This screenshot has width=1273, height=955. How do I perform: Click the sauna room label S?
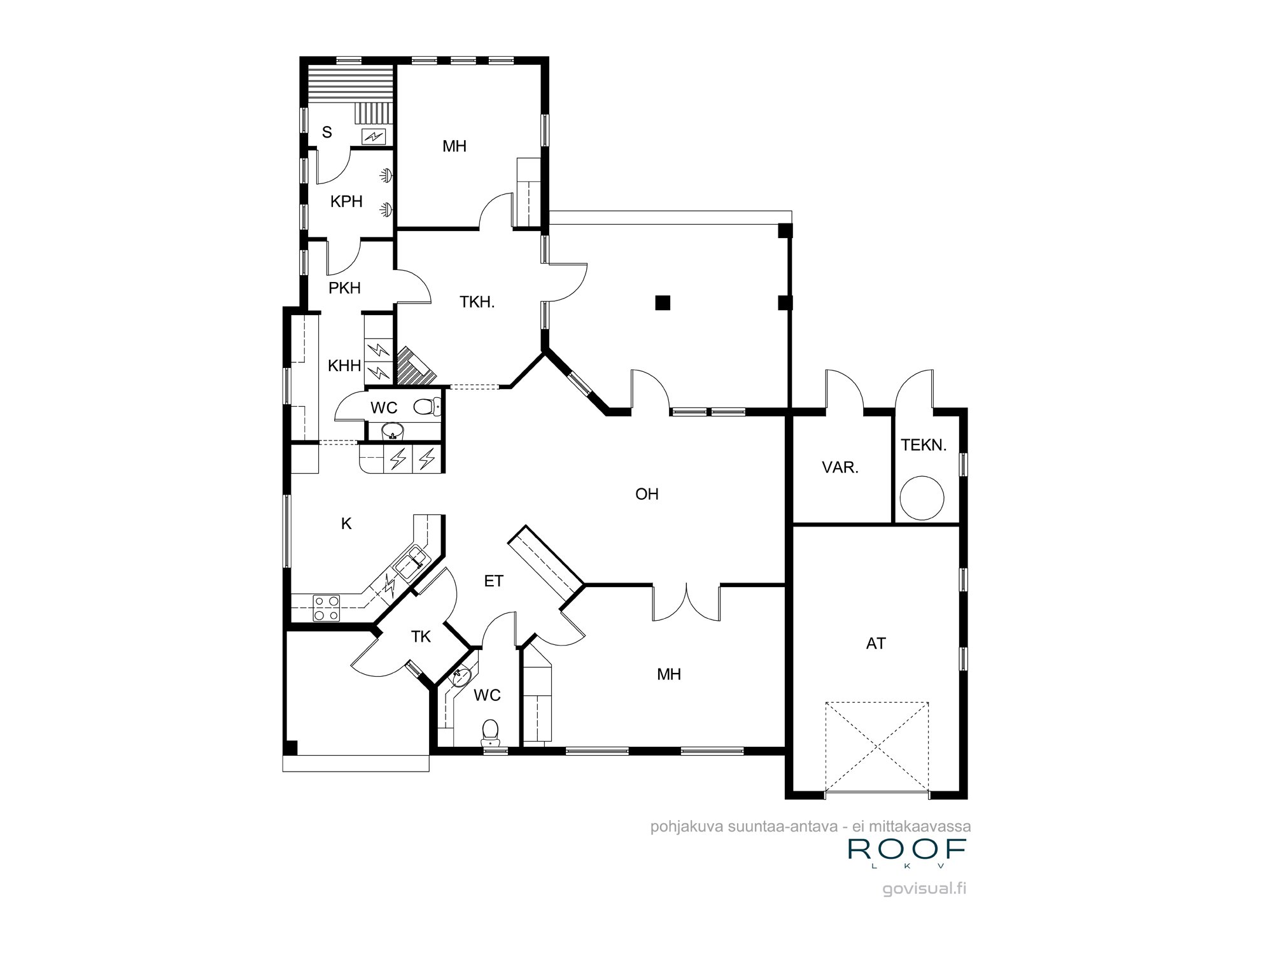327,132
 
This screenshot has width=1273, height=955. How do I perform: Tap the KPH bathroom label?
346,202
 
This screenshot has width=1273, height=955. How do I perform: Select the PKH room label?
344,288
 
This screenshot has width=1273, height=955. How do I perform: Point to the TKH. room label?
477,302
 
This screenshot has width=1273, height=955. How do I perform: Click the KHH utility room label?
344,366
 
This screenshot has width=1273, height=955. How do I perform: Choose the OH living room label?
647,494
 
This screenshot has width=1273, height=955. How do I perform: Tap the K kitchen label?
346,524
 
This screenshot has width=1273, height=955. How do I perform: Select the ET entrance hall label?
494,581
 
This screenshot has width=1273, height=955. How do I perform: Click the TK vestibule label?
421,637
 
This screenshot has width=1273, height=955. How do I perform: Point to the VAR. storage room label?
840,468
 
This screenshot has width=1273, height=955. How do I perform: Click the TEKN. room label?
924,446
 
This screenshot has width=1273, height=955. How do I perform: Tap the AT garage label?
876,644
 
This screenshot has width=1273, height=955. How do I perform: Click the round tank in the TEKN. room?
920,498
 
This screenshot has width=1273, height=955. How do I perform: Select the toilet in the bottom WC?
489,733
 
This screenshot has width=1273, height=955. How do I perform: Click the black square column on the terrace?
663,302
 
